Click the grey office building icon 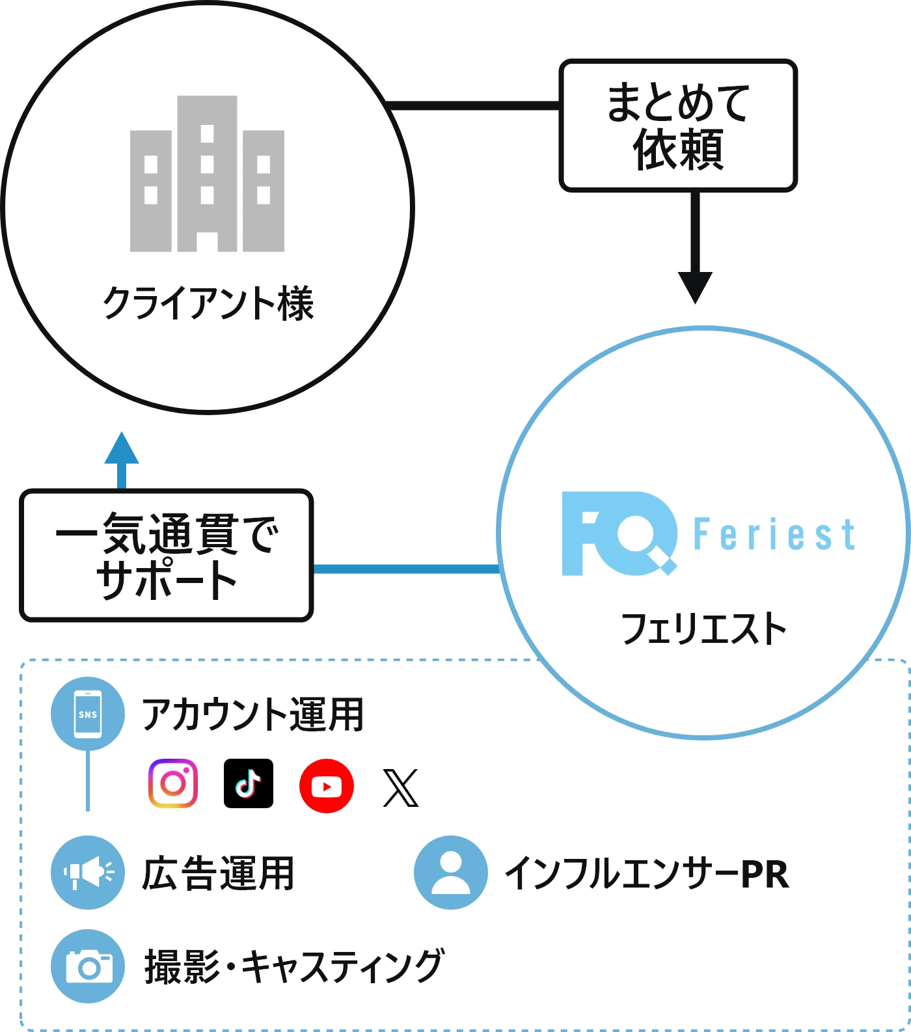[207, 174]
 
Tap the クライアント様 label [208, 303]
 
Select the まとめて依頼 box [678, 126]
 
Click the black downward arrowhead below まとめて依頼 [695, 286]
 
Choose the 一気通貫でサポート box [166, 555]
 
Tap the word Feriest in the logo [774, 535]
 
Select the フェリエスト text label [704, 629]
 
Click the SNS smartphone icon [88, 714]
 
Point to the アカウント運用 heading [252, 714]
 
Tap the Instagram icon [172, 783]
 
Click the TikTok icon [248, 783]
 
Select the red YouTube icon [327, 786]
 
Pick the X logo [400, 787]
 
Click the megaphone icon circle [88, 872]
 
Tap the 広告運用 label [218, 873]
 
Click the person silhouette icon [450, 872]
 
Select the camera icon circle [88, 966]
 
